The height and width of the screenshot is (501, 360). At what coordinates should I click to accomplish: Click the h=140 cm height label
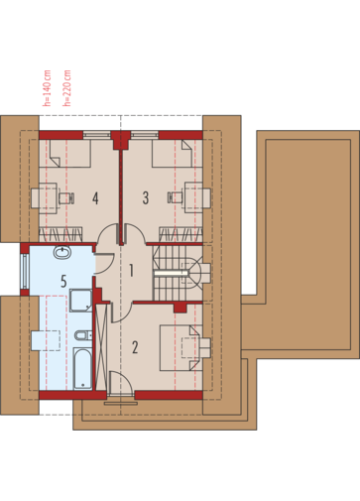[48, 88]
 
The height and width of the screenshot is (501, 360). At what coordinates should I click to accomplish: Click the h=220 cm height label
[67, 88]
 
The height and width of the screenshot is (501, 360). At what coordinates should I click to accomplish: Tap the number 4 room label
[95, 198]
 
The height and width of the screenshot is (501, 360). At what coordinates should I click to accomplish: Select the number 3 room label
[146, 198]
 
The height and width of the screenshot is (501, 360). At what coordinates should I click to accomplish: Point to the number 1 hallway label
[131, 271]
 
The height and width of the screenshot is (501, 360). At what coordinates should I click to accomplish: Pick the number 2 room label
[135, 347]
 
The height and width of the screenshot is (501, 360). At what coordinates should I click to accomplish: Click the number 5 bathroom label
[63, 281]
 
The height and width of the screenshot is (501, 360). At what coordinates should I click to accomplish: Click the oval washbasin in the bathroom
[62, 252]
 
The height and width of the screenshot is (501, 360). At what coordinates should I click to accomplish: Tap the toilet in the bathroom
[82, 335]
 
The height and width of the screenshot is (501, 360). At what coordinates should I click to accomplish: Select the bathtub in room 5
[82, 368]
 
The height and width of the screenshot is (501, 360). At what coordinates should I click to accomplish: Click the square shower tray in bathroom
[81, 301]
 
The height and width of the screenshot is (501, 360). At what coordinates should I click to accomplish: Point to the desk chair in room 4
[66, 198]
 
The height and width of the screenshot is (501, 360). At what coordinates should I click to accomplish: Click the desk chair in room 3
[176, 197]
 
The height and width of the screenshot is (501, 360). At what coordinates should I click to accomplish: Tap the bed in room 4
[70, 154]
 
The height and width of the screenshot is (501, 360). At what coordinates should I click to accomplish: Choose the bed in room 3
[172, 154]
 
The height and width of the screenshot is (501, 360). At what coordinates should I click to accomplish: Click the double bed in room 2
[181, 348]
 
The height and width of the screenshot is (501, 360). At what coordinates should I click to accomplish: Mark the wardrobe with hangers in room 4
[60, 234]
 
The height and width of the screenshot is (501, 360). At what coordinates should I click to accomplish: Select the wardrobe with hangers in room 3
[180, 234]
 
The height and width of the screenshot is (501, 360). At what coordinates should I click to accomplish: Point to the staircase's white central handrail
[172, 273]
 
